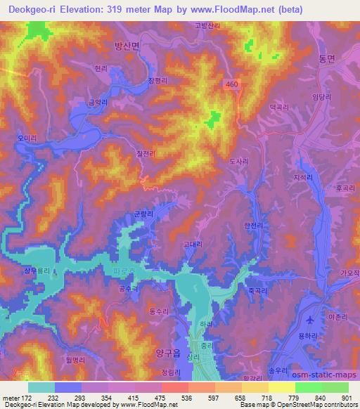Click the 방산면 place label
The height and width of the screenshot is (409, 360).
(127, 44)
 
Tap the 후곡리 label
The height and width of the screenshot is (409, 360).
(345, 188)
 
